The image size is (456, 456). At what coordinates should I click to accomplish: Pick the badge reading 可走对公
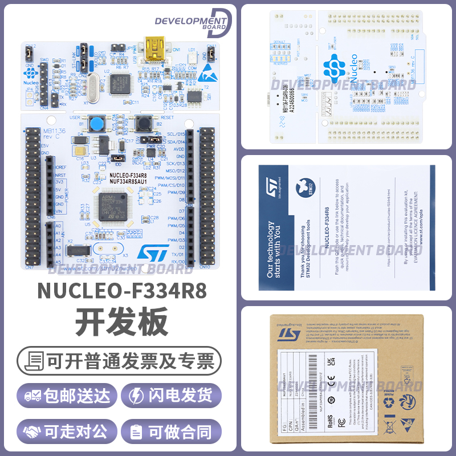[67, 431]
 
